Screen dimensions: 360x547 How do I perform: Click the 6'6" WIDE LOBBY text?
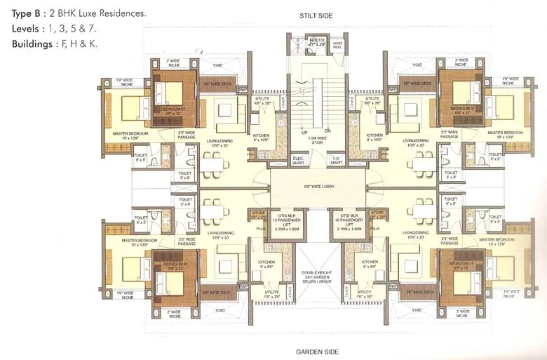tap(317, 189)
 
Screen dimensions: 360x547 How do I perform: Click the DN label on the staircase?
tap(327, 131)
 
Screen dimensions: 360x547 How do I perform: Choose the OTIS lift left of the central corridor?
tap(290, 222)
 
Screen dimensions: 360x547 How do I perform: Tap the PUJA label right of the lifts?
tap(375, 229)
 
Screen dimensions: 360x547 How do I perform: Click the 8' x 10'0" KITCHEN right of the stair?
tap(374, 138)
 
